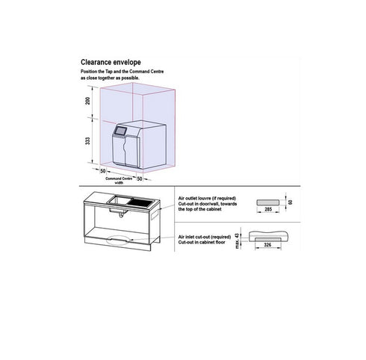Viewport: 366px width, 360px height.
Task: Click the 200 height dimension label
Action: [87, 102]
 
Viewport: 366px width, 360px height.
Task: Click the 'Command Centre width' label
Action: [120, 181]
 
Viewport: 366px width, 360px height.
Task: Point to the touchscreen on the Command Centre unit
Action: [118, 134]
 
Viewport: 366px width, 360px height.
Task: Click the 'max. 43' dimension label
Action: [238, 238]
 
